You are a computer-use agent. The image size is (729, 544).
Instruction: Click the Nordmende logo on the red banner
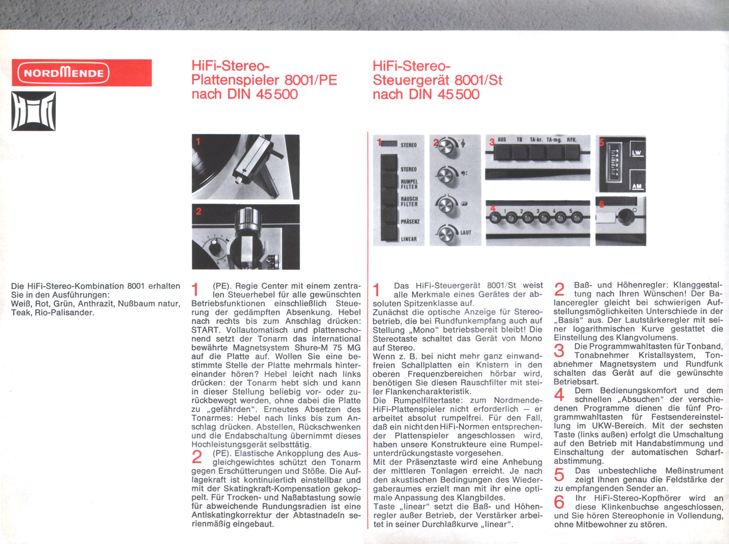63,73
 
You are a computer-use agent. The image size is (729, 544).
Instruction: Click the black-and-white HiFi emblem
34,111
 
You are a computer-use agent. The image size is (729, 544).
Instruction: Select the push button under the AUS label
502,152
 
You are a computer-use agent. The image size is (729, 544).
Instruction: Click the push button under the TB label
521,152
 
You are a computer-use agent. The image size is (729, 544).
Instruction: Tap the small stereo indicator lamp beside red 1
390,144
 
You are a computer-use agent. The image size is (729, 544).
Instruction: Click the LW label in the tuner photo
637,153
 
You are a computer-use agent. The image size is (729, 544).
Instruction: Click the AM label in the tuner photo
637,186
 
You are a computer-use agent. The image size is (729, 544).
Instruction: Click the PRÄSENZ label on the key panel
410,222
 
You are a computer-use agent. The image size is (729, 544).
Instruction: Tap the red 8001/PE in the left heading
311,80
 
